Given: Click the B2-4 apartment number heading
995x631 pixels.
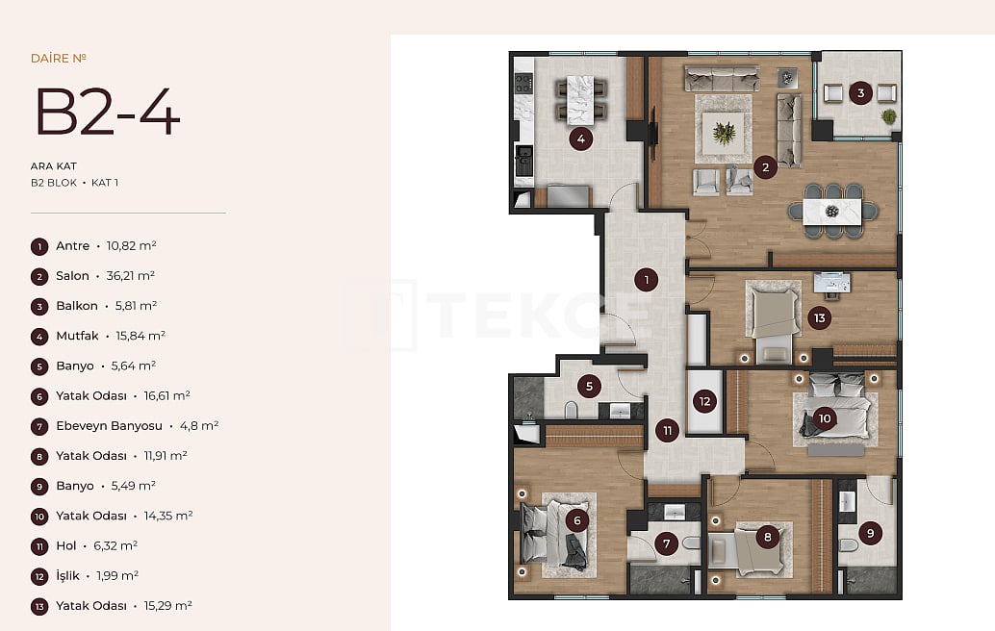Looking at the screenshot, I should pos(107,113).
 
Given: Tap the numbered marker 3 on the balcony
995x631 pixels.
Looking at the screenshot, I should pos(860,93).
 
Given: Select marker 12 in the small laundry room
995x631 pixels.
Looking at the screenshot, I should pos(704,401).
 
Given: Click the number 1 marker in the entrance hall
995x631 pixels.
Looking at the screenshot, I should pos(648,280).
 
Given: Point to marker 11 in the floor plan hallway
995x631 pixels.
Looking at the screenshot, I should pos(667,431).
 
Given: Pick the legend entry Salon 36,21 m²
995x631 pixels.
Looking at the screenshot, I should pos(105,276).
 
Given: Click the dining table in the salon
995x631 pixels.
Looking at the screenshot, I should pos(832,211).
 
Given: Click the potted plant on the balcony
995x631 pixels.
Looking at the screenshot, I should pos(888,116).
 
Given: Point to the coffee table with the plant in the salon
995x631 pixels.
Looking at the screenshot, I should pos(724,129).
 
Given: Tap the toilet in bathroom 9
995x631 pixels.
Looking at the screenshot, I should pos(849,546).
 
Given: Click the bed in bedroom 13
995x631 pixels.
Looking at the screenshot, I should pos(775,316).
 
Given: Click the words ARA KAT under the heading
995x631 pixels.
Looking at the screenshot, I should pos(54,165).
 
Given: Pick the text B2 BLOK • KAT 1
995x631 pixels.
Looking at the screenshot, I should pos(74,182).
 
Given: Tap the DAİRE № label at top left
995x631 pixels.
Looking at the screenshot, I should pos(59,58).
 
